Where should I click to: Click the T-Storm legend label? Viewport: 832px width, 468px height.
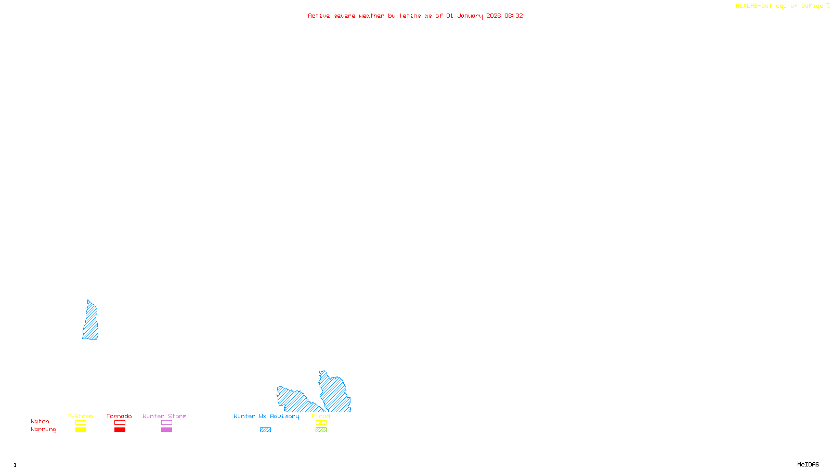[80, 416]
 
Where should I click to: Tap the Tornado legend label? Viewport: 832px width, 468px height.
[119, 416]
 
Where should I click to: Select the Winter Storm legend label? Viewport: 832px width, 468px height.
[164, 416]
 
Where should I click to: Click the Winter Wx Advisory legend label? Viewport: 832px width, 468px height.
[266, 416]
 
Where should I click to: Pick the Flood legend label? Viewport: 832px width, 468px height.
[321, 416]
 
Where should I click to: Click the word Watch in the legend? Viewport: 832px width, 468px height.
[40, 422]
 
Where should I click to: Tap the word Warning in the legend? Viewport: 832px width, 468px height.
[43, 430]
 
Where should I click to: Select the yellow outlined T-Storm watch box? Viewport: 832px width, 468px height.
[81, 423]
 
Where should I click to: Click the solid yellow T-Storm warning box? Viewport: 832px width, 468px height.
[81, 430]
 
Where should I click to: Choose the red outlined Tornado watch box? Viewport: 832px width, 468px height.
[120, 423]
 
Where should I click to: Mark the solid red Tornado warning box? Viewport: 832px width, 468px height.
[120, 430]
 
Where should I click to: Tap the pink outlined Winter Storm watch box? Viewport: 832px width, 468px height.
[166, 423]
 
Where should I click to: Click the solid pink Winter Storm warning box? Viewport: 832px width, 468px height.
[166, 430]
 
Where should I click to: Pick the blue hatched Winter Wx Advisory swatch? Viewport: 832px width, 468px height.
[265, 430]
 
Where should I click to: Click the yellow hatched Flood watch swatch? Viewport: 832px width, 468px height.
[321, 423]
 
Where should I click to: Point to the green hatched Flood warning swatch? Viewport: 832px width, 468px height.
[321, 430]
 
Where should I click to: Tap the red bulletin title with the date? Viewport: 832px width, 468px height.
[415, 16]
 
